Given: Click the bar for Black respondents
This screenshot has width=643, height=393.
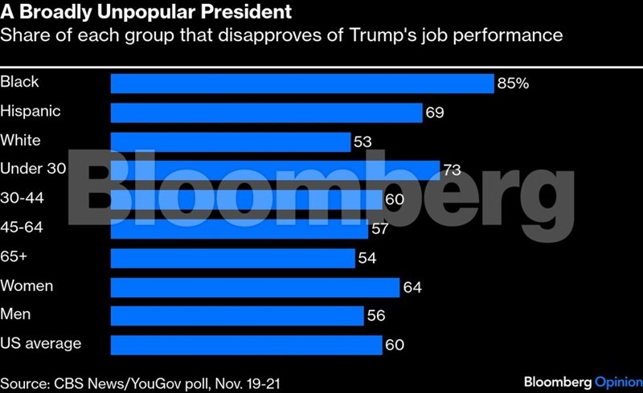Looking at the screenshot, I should coord(301,84).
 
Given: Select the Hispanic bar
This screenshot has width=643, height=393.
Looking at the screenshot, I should coord(266,113).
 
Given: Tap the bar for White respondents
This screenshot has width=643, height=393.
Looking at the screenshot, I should coord(230,141).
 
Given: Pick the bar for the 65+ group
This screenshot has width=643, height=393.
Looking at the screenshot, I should coord(232,258).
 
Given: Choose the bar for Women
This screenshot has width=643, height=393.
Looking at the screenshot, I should coord(255,287).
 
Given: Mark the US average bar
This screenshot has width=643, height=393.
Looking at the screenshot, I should coord(246,345).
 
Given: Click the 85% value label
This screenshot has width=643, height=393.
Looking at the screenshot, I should coord(513,84).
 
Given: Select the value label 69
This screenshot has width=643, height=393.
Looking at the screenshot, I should coord(435,113).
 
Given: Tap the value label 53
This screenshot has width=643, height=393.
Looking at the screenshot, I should coord(362,142).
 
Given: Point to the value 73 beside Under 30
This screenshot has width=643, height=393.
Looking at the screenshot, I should coord(453,170).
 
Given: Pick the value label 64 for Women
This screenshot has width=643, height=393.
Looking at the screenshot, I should coord(412,288).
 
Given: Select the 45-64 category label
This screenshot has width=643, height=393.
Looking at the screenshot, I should coord(22,227).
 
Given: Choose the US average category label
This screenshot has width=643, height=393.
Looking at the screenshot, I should coord(41,343).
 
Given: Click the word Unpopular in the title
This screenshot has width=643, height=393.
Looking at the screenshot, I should coord(133,14).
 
